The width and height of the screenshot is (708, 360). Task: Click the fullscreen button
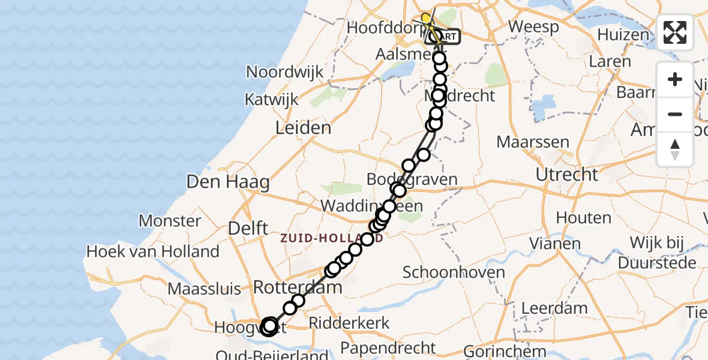(x=675, y=32)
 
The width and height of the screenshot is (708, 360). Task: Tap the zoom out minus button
(x=675, y=114)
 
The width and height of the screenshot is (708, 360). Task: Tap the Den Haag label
(x=227, y=182)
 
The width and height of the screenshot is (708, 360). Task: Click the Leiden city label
(x=303, y=128)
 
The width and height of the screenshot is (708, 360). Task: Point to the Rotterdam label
(x=298, y=287)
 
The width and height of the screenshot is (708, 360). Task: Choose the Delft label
(x=248, y=228)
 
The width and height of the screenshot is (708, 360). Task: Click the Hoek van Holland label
(x=153, y=251)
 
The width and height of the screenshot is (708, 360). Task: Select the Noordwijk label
(x=285, y=73)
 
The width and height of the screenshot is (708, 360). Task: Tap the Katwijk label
(x=272, y=100)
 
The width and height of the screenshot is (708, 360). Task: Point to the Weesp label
(x=533, y=27)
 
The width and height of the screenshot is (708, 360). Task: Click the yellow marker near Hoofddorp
(x=426, y=18)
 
